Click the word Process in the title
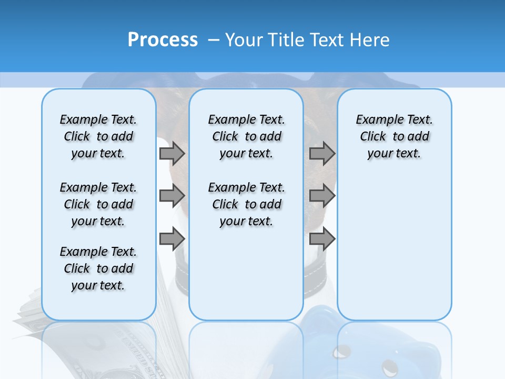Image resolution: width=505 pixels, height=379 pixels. coord(163,39)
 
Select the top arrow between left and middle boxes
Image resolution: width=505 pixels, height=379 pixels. coord(172,153)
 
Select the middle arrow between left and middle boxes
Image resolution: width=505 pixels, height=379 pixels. coord(172,196)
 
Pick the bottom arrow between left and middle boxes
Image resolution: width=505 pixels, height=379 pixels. coord(172,239)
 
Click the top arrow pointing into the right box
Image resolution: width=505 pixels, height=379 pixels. coord(322,153)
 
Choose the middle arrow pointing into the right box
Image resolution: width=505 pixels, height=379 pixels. coord(322,196)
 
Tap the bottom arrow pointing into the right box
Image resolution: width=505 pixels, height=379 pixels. coord(322,239)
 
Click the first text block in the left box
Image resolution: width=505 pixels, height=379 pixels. coord(98,136)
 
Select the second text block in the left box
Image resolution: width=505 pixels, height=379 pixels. coord(98,204)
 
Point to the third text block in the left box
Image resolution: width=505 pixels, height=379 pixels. coord(98,268)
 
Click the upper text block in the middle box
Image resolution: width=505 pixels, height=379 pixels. coord(246,136)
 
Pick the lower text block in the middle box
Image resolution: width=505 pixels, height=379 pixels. coord(246,204)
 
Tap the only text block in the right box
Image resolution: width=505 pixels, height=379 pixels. coord(394,136)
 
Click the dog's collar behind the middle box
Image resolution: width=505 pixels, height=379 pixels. coord(181,263)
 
